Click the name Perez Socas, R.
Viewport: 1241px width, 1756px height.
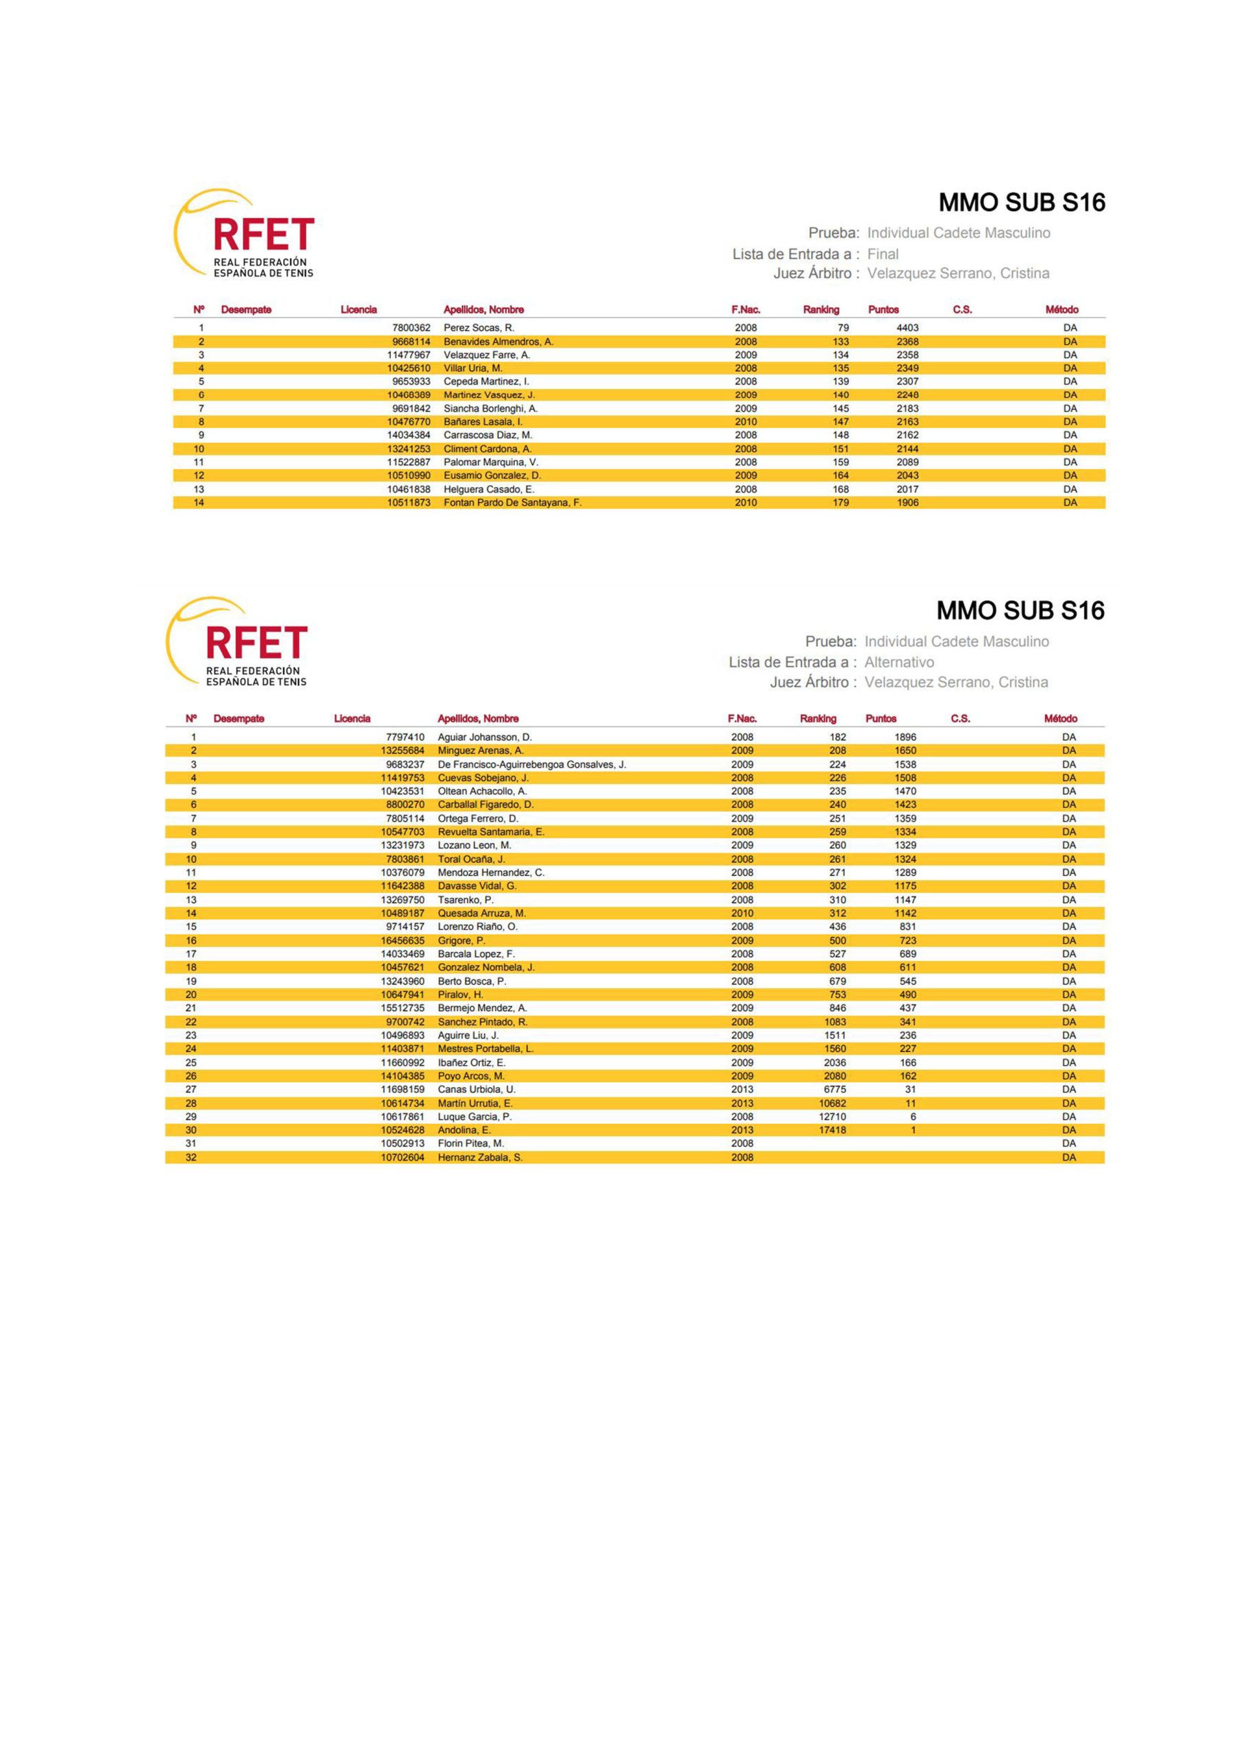(479, 327)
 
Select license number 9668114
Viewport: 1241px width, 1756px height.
(411, 342)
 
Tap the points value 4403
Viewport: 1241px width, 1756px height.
(907, 327)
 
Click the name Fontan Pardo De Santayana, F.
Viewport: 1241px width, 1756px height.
(512, 503)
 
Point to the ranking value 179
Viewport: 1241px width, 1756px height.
(841, 503)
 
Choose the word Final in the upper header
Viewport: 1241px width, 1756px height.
(882, 254)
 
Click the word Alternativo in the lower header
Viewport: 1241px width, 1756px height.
(898, 663)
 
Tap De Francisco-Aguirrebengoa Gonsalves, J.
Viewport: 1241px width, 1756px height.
(531, 764)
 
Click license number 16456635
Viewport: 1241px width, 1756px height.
(402, 940)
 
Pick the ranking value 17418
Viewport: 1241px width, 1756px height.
(832, 1130)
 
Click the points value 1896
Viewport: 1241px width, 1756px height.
(904, 737)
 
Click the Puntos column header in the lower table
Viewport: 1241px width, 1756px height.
(880, 719)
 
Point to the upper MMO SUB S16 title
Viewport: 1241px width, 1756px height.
(1022, 202)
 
